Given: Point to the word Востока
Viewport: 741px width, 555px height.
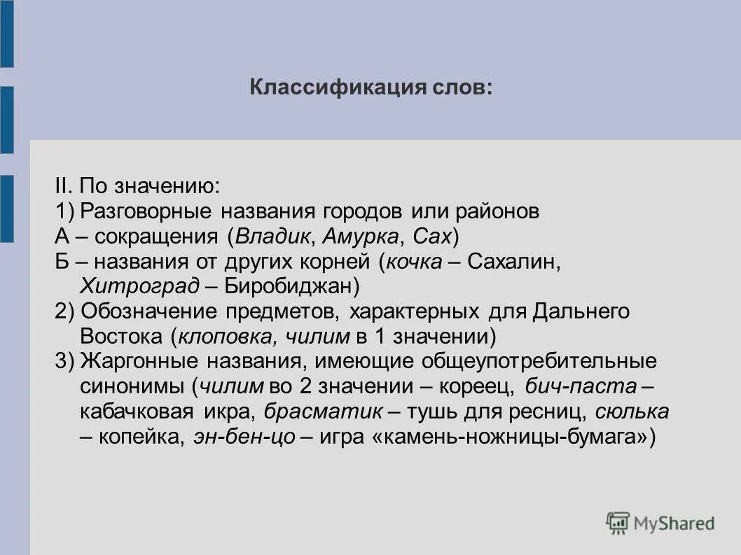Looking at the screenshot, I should [121, 336].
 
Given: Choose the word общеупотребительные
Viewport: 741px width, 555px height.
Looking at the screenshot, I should [539, 361].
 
